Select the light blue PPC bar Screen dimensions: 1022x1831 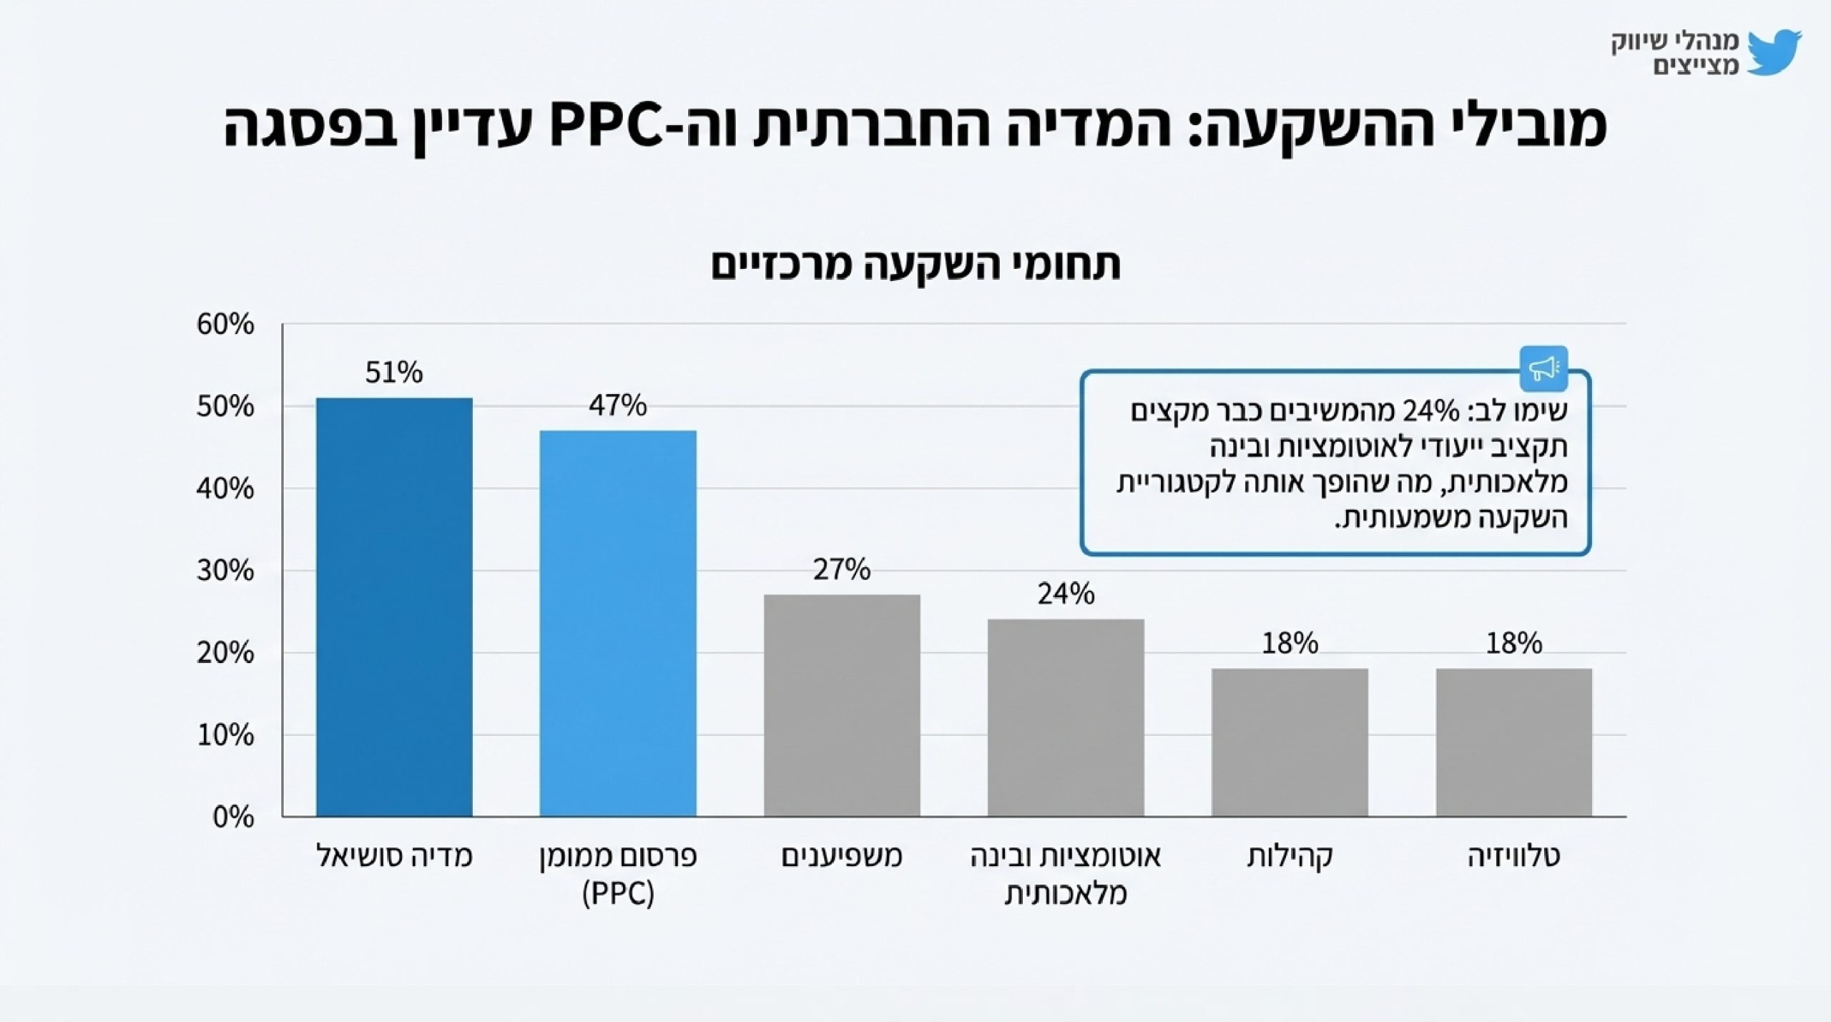(x=618, y=623)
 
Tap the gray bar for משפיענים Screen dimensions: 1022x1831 (x=842, y=705)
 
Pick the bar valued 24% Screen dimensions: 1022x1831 (x=1066, y=717)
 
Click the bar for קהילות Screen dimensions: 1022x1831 (x=1290, y=742)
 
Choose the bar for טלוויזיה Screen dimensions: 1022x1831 (x=1513, y=742)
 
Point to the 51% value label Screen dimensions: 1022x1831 (x=394, y=373)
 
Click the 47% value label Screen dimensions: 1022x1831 (x=618, y=406)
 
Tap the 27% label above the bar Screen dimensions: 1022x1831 (x=842, y=569)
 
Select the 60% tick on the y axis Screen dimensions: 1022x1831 (x=225, y=325)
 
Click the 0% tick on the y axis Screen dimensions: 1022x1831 (x=233, y=817)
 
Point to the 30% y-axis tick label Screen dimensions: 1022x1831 (x=225, y=571)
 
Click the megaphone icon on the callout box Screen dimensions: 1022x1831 (x=1543, y=368)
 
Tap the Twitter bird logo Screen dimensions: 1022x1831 (x=1774, y=52)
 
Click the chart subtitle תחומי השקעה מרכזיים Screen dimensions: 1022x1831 (x=915, y=265)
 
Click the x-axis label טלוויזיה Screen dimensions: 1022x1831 (x=1513, y=856)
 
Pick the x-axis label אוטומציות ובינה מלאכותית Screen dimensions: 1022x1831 (x=1066, y=874)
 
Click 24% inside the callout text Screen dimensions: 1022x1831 (x=1430, y=411)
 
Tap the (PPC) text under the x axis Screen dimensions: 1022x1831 (x=618, y=894)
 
